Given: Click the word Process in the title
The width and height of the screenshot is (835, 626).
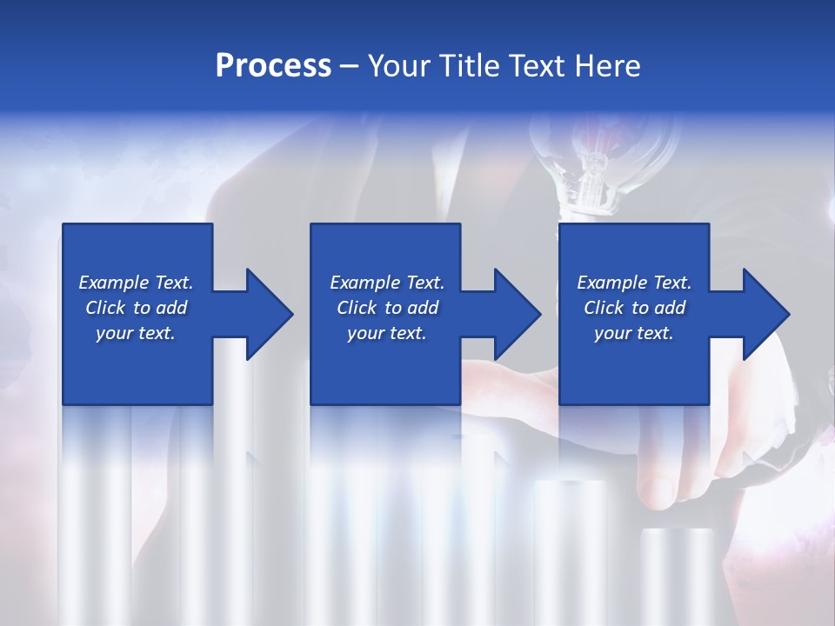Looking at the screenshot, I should click(273, 66).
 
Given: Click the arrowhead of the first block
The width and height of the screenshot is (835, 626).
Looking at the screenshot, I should click(268, 314).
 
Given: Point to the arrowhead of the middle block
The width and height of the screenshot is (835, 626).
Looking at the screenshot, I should click(516, 314).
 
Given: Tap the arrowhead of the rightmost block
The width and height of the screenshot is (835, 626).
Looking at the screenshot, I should click(765, 314).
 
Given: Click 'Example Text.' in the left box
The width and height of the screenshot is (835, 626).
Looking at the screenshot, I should click(136, 283).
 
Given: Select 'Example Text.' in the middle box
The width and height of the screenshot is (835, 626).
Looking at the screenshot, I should click(387, 283).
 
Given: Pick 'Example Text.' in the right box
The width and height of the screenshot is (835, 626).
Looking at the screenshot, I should click(634, 283).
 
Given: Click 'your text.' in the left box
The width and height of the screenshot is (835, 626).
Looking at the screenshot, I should click(136, 333).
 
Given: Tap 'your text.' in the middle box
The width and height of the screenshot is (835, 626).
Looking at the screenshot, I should click(387, 333).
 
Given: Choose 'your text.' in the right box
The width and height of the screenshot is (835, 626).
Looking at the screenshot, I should click(634, 333).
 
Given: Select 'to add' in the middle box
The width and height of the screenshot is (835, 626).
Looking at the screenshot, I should click(411, 308).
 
